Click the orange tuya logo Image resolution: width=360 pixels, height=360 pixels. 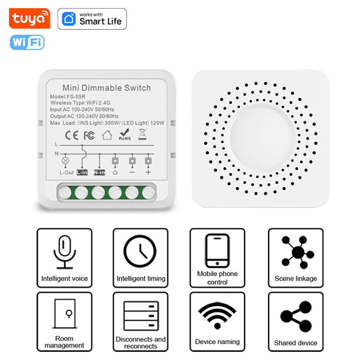coord(30,18)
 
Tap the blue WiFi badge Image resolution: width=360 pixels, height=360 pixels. coord(27,42)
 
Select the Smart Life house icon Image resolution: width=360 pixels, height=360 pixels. coord(69,19)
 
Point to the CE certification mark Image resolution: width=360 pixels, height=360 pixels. coord(72,135)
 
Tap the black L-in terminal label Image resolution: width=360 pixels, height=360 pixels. coord(82,172)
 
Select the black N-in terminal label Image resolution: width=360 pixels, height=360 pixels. coord(99,172)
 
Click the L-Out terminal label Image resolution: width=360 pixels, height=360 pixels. coord(65,172)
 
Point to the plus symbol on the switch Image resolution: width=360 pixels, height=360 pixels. coord(148,172)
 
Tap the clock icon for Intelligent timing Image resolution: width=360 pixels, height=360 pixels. coord(140,252)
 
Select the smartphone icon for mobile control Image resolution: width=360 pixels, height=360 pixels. coord(217,251)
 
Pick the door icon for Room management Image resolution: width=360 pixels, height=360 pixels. coord(64,313)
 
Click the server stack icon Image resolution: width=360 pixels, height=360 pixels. coord(141,315)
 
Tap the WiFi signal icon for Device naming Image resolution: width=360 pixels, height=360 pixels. coord(217,315)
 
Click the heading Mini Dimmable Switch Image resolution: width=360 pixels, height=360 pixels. coord(107,88)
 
